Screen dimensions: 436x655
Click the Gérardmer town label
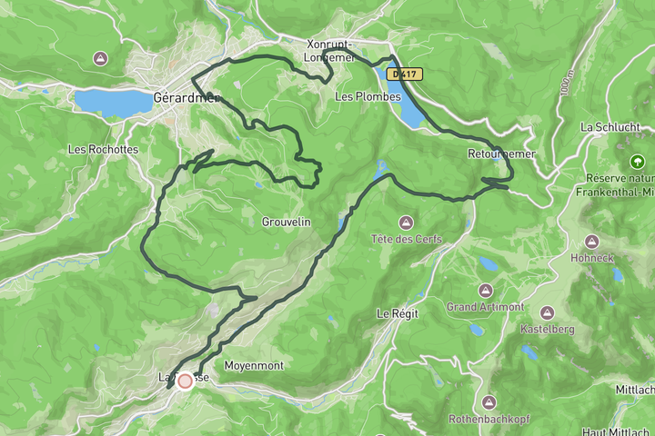186,97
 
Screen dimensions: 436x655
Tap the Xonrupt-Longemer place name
330,52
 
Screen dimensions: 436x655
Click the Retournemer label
497,153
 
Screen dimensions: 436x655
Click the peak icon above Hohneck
592,242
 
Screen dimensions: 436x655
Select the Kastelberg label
547,329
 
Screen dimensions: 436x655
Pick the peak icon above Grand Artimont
485,291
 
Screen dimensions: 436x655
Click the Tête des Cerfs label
406,239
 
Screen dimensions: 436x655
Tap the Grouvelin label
286,222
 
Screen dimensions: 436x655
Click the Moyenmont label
254,366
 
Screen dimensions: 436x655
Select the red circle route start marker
186,381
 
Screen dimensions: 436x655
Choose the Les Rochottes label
103,149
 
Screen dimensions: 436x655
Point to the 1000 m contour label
567,82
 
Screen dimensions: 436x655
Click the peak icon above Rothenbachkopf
489,401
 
